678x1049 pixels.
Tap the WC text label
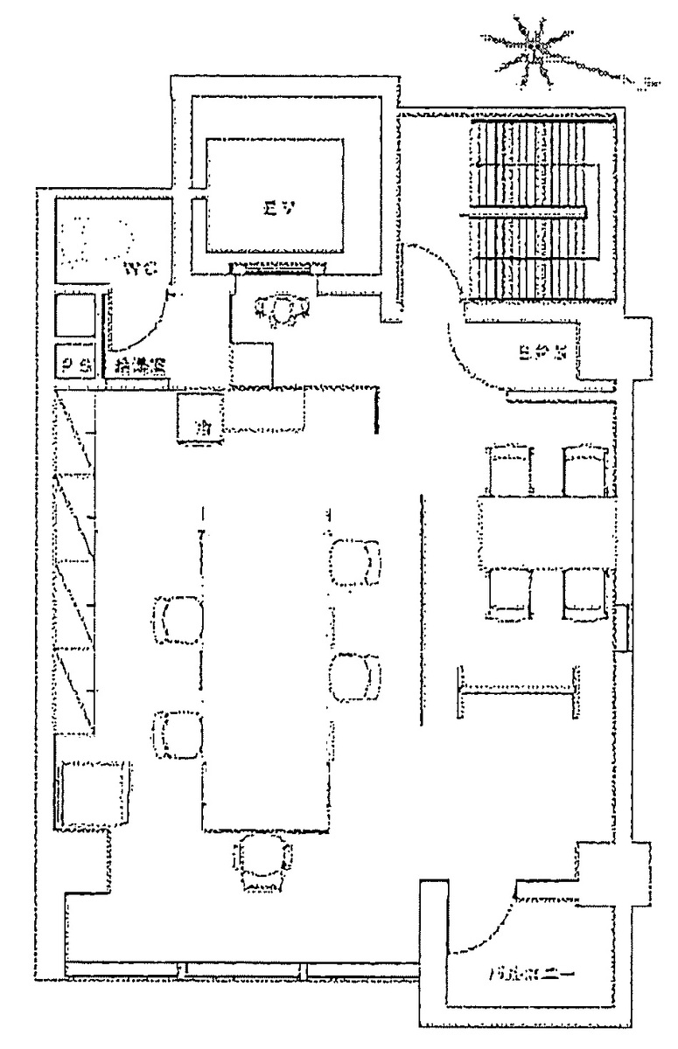[x=140, y=269]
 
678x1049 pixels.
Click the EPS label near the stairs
[x=537, y=354]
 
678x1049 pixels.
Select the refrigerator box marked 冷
[x=202, y=418]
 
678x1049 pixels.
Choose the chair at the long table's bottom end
[x=262, y=860]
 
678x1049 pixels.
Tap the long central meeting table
[x=266, y=664]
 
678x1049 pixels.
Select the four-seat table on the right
[x=547, y=533]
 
